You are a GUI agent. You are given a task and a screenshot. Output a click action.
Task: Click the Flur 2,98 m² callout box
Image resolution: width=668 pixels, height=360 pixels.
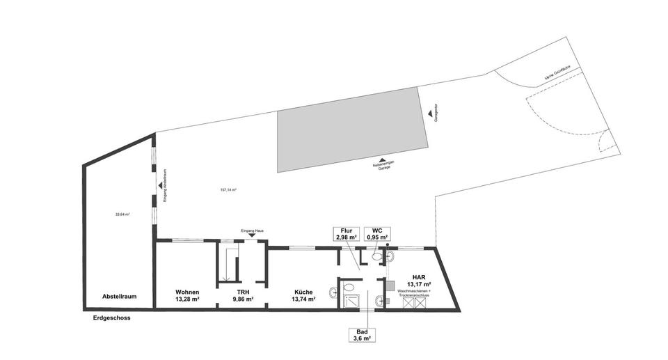[346, 234]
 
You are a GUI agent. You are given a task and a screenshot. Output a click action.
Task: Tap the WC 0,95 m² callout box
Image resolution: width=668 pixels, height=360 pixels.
[377, 234]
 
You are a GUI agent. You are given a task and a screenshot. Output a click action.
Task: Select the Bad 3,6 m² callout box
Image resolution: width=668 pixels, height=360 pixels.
[362, 335]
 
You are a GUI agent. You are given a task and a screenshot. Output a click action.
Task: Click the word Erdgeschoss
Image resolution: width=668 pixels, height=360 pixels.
[111, 318]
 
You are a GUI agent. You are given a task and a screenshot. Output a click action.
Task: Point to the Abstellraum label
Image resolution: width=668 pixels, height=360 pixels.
[119, 296]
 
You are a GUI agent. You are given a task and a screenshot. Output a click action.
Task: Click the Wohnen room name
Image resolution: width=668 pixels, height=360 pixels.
[188, 292]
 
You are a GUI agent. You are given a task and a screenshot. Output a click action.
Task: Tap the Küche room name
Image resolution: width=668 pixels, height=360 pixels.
[303, 292]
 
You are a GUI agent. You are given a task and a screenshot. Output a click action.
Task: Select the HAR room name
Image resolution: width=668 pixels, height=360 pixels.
[418, 276]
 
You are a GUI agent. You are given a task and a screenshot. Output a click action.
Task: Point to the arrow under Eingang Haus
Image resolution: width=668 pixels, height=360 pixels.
[252, 235]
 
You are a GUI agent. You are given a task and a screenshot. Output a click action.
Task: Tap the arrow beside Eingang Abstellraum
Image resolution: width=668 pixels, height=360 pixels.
[161, 185]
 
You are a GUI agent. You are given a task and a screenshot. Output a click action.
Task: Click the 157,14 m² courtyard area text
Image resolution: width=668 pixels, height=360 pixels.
[228, 190]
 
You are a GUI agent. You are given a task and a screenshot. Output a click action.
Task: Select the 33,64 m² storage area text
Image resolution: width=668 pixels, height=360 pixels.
[122, 214]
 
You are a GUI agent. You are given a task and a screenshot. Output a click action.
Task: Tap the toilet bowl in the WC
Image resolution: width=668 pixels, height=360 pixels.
[376, 256]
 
